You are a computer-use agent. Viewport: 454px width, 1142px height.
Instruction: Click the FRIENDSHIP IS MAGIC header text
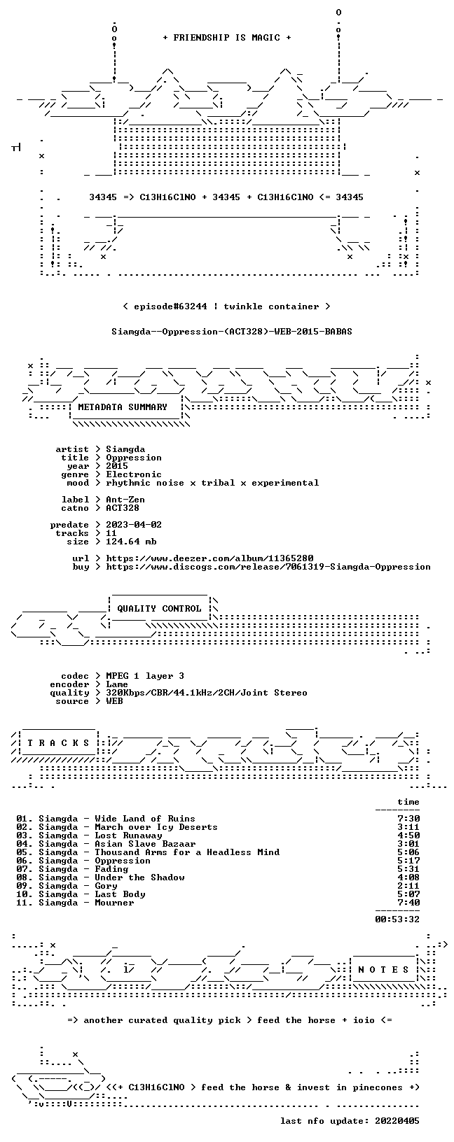pyautogui.click(x=227, y=38)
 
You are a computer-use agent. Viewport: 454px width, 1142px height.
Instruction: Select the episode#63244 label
pyautogui.click(x=170, y=306)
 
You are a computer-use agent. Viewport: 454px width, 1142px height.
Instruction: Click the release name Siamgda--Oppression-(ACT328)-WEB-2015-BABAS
pyautogui.click(x=232, y=332)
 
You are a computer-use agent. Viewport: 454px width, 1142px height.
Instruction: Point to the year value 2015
pyautogui.click(x=117, y=466)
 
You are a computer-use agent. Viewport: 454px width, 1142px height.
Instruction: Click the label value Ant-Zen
pyautogui.click(x=125, y=500)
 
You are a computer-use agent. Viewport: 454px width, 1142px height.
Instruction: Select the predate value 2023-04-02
pyautogui.click(x=134, y=525)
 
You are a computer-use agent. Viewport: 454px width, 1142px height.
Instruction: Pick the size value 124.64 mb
pyautogui.click(x=131, y=542)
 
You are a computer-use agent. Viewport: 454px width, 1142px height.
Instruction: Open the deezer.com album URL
pyautogui.click(x=210, y=558)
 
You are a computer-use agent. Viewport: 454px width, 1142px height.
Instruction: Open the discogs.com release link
pyautogui.click(x=268, y=567)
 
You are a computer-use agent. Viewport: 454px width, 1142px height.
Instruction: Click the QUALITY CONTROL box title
pyautogui.click(x=159, y=609)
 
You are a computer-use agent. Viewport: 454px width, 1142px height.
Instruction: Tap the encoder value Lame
pyautogui.click(x=117, y=684)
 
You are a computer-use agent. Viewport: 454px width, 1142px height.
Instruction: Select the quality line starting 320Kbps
pyautogui.click(x=207, y=693)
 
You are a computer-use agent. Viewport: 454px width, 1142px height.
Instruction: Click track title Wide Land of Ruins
pyautogui.click(x=145, y=819)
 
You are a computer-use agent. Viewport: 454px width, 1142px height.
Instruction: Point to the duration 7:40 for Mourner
pyautogui.click(x=408, y=903)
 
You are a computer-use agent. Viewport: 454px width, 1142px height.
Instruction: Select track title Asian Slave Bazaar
pyautogui.click(x=145, y=844)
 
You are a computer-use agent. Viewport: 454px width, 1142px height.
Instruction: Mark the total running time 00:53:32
pyautogui.click(x=397, y=919)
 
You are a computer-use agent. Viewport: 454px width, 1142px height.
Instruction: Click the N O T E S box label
pyautogui.click(x=383, y=970)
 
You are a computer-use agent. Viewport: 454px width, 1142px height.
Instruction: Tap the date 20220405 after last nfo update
pyautogui.click(x=397, y=1121)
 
